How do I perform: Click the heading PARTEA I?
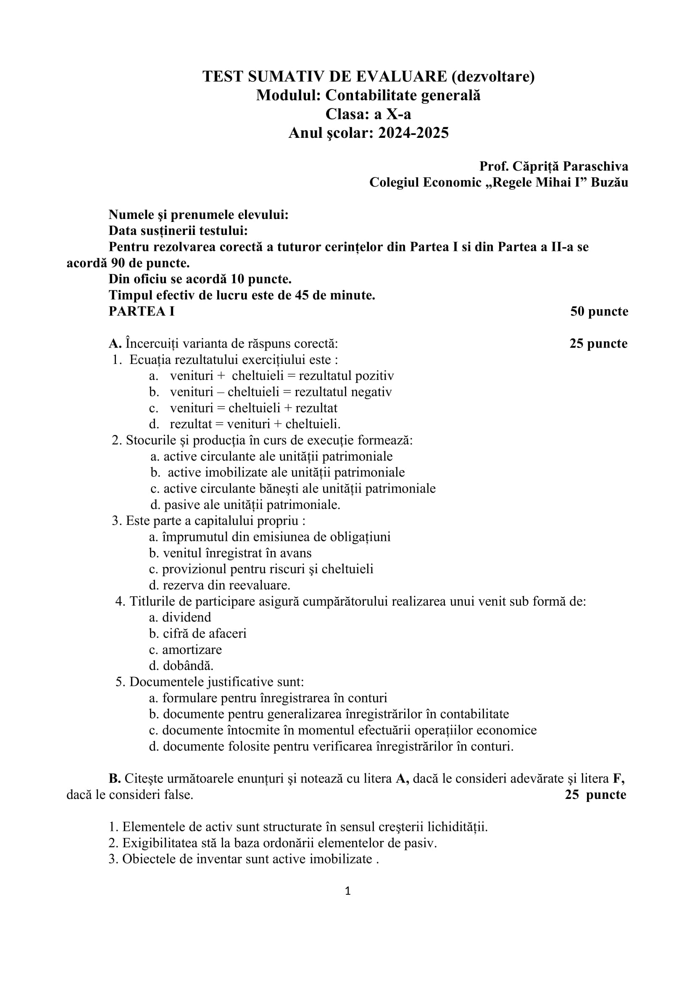click(142, 311)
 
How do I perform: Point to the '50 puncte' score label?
click(599, 311)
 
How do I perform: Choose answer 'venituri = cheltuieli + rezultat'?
click(253, 408)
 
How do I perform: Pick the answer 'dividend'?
click(187, 617)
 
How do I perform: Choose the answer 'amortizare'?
click(192, 649)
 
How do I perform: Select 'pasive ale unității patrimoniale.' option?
click(252, 505)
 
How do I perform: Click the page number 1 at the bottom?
click(347, 891)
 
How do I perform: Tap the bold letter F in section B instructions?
click(621, 778)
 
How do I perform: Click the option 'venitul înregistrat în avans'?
click(237, 553)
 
